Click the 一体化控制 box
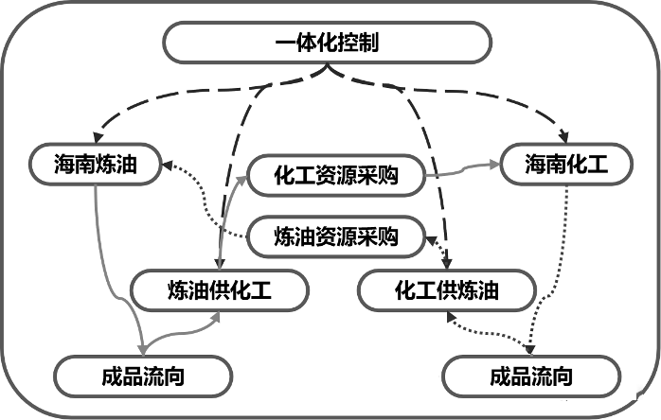(x=328, y=42)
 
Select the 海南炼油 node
(x=97, y=166)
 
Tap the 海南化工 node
(x=565, y=166)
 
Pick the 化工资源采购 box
(x=335, y=176)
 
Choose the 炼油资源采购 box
(x=335, y=236)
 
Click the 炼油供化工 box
(x=219, y=289)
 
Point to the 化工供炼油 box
(x=446, y=289)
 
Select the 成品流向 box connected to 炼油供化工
(x=142, y=376)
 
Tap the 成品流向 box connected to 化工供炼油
(x=531, y=376)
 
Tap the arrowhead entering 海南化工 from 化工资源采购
(x=494, y=163)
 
